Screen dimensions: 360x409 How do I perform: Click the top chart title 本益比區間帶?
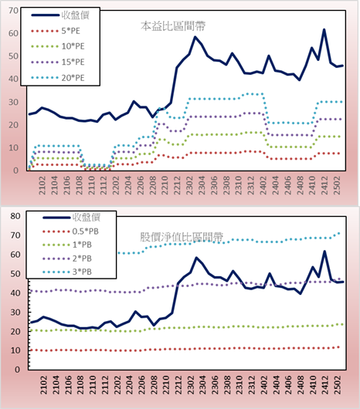(x=173, y=26)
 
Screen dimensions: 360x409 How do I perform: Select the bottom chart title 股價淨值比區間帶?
(x=182, y=237)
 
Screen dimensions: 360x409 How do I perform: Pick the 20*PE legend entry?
(x=58, y=78)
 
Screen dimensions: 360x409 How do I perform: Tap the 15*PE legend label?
(x=73, y=62)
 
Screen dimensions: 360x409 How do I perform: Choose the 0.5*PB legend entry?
(x=70, y=232)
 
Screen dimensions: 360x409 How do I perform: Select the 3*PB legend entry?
(x=67, y=272)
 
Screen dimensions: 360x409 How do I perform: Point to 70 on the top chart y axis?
(x=14, y=11)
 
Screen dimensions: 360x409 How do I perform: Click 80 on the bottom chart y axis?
(x=15, y=216)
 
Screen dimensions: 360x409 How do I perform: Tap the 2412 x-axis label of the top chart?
(x=324, y=185)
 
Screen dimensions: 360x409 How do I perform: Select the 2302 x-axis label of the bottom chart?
(x=191, y=385)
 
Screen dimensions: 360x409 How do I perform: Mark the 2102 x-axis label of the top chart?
(x=42, y=185)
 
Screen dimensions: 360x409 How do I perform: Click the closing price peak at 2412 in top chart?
(x=324, y=29)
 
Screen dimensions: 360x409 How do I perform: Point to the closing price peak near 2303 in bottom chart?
(x=196, y=258)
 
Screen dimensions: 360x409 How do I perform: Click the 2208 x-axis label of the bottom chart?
(x=154, y=385)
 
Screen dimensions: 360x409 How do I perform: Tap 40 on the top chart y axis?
(x=14, y=79)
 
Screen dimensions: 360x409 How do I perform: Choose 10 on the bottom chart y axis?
(x=15, y=350)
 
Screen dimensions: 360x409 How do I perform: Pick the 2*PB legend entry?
(x=67, y=259)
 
